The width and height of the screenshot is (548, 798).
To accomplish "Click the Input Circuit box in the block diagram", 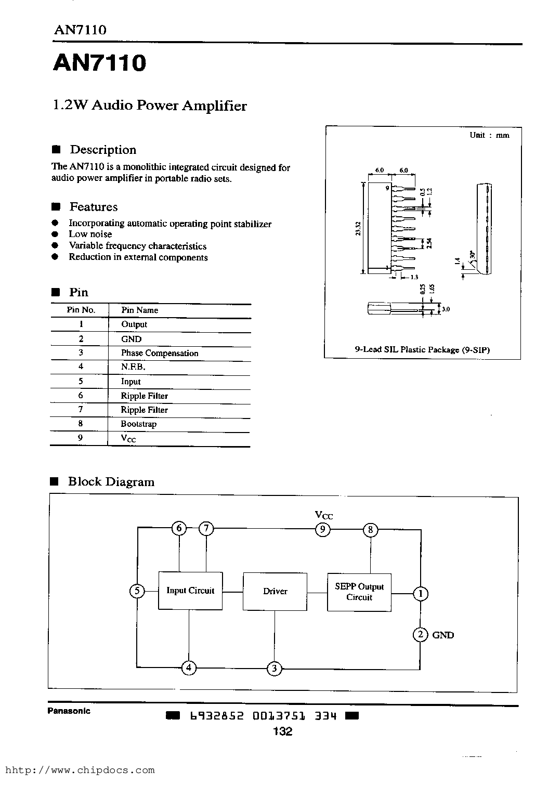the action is point(190,591).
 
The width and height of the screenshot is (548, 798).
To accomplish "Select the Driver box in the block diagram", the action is point(275,592).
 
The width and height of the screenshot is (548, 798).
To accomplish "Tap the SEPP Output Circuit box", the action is point(359,592).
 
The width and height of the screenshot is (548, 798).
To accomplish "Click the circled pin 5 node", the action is point(137,591).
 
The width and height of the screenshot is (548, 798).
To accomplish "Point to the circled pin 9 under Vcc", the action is point(322,529).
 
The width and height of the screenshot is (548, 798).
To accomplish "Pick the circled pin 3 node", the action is point(274,669).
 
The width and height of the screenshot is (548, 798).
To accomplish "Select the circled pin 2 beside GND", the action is point(421,634).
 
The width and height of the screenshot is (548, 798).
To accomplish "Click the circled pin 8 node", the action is point(371,530).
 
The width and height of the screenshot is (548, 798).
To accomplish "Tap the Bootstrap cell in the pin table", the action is point(139,424).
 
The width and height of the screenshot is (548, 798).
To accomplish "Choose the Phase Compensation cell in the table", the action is point(160,353).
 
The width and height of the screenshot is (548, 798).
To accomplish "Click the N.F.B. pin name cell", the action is point(133,367).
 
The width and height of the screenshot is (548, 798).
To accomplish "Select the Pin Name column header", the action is point(140,310).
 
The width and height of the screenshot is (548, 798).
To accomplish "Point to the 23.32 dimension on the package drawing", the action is point(358,228).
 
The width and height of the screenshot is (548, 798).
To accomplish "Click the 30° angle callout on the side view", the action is point(473,255).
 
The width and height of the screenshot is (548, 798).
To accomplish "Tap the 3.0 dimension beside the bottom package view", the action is point(446,309).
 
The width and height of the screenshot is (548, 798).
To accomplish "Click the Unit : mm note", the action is point(489,135).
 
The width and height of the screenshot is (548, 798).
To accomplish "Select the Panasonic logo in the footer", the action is point(69,711).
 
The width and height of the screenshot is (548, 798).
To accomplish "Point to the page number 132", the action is point(282,731).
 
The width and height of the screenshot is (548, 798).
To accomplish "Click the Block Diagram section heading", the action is point(111,481).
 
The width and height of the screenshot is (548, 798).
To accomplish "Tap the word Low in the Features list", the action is point(77,234).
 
